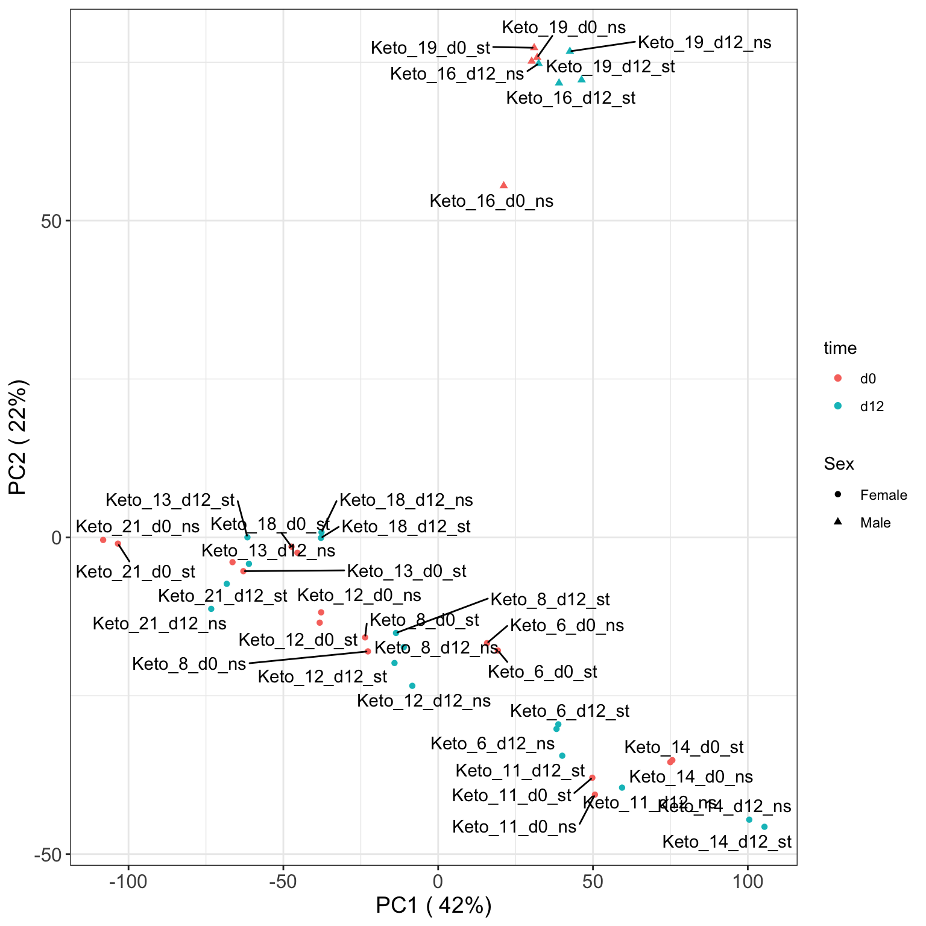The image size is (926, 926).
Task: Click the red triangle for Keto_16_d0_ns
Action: [503, 185]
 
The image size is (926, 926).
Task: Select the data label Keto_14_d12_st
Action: [726, 842]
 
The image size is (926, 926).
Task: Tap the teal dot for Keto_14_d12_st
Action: [764, 827]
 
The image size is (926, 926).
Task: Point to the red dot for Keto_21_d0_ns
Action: [103, 540]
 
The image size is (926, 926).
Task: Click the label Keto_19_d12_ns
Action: [704, 43]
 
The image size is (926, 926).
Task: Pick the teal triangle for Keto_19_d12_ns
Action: [570, 51]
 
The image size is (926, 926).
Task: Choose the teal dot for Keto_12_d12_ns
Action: [412, 686]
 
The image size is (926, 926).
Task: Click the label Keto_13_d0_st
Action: [406, 571]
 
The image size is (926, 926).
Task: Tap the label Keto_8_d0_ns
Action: [189, 664]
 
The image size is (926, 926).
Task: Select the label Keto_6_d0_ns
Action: [567, 626]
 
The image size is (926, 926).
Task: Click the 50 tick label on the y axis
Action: [52, 221]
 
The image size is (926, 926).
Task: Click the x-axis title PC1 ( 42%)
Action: [433, 906]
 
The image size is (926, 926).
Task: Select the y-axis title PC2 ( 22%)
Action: [18, 437]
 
